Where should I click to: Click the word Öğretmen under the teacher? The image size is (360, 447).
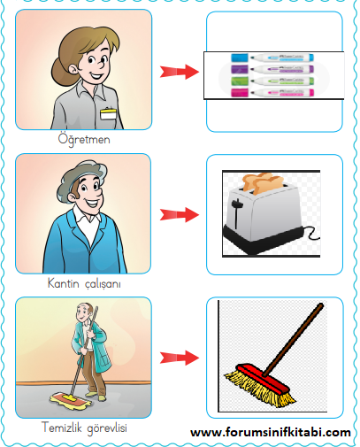click(x=84, y=139)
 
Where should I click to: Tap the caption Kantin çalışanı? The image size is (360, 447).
click(x=84, y=283)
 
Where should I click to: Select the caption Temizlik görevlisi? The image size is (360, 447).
click(x=84, y=428)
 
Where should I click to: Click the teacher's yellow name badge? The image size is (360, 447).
click(x=108, y=113)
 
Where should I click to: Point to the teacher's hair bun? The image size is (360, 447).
click(x=61, y=73)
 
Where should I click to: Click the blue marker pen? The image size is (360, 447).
click(x=272, y=58)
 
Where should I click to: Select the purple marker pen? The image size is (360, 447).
click(x=272, y=69)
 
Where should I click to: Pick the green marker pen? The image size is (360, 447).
click(x=272, y=81)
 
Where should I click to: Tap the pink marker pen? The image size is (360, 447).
click(x=272, y=92)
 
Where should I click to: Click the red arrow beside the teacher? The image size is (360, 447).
click(x=180, y=72)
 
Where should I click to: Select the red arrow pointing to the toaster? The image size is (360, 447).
click(x=180, y=214)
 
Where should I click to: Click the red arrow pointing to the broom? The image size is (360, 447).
click(x=180, y=358)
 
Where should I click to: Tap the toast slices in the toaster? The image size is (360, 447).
click(x=262, y=183)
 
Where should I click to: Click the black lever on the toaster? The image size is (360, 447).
click(x=236, y=212)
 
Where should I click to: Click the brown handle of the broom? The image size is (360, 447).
click(x=293, y=340)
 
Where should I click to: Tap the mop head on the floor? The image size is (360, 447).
click(x=69, y=400)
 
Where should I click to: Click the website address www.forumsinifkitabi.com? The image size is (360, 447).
click(x=271, y=433)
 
